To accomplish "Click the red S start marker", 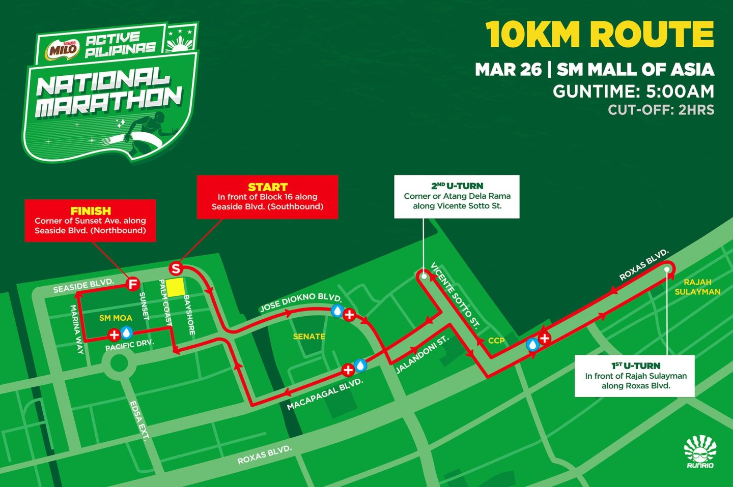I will pos(176,268).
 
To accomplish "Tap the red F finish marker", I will pos(133,284).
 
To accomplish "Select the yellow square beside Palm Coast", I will pos(176,288).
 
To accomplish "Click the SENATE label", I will pos(309,337).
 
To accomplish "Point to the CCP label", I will pos(496,341).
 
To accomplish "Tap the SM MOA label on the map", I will pos(116,318).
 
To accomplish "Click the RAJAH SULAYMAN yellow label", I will pos(697,287).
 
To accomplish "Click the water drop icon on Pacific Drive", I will pos(126,333).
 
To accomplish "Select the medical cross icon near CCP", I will pos(545,338).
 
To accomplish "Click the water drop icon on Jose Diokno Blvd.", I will pos(336,311).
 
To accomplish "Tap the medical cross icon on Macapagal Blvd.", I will pos(348,370).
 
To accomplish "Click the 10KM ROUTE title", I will pos(600,35).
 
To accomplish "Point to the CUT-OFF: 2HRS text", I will pos(661,110).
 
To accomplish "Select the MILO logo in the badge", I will pos(63,50).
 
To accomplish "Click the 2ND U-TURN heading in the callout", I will pos(457,186).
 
